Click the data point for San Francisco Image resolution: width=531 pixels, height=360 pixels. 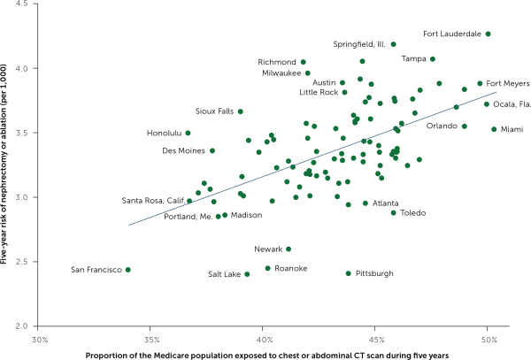[128, 270]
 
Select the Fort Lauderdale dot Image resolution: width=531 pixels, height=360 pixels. [488, 34]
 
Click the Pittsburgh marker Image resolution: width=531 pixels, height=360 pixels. [348, 273]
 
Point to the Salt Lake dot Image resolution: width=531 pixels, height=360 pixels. [247, 274]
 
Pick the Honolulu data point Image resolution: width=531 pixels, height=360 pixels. [188, 133]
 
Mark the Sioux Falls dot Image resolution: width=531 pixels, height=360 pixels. [240, 111]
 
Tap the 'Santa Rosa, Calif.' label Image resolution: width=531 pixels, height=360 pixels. [152, 201]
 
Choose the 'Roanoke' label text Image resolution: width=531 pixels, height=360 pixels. [291, 268]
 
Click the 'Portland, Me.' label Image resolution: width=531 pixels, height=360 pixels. [188, 216]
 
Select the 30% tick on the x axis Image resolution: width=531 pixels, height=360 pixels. [40, 338]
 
